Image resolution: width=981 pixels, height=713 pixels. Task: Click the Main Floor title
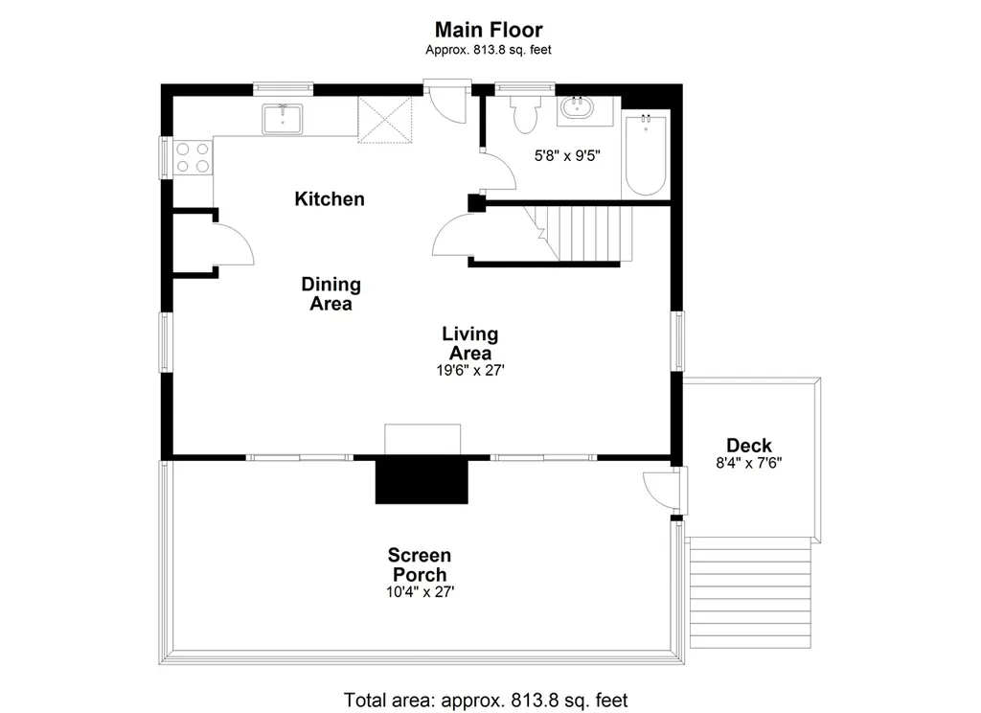[x=489, y=30]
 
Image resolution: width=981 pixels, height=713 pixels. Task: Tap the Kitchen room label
[x=330, y=199]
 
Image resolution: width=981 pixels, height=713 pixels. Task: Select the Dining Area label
[x=331, y=293]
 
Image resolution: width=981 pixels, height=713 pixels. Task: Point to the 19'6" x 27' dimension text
[x=469, y=371]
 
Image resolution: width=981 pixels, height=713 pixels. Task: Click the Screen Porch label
[x=420, y=564]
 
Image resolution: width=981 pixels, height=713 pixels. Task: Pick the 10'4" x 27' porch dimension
[x=420, y=592]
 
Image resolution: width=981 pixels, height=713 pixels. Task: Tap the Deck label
[x=749, y=446]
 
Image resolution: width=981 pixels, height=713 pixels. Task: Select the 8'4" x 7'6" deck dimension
[x=749, y=463]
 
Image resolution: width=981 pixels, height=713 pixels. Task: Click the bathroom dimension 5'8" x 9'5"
[x=567, y=156]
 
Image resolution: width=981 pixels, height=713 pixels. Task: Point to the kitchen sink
[x=283, y=119]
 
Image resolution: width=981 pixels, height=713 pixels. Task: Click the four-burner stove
[x=193, y=157]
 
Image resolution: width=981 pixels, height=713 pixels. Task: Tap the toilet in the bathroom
[x=525, y=115]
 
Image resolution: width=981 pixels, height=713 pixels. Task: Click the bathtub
[x=646, y=154]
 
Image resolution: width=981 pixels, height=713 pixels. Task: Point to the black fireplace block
[x=422, y=480]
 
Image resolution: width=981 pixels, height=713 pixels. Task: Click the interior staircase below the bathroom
[x=578, y=234]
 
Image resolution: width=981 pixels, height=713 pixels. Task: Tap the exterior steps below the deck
[x=750, y=595]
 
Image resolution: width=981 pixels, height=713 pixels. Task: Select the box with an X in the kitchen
[x=385, y=120]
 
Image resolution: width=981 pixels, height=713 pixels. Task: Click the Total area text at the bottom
[x=486, y=700]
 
